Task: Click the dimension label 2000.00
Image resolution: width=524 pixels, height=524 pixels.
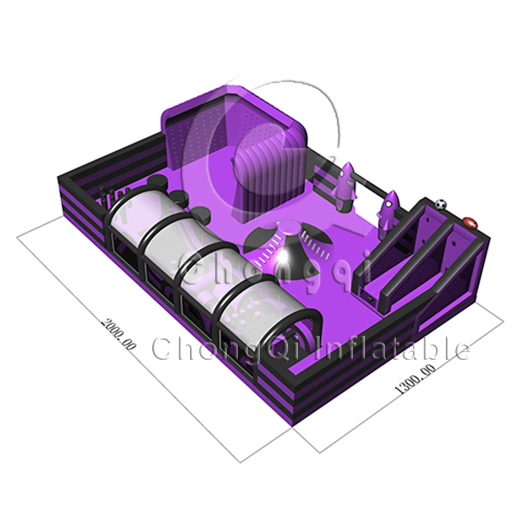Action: [119, 334]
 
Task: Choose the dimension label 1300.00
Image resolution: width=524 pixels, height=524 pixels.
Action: [416, 379]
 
